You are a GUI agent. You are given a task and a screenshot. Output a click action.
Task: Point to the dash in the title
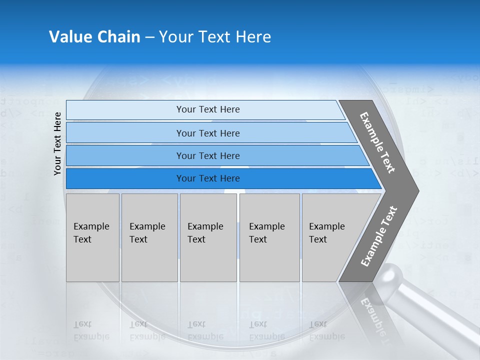[149, 37]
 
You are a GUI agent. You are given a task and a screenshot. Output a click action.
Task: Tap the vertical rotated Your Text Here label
[57, 143]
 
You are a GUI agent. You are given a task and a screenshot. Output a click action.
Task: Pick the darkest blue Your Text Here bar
[208, 178]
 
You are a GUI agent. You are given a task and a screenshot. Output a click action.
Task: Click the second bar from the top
[208, 133]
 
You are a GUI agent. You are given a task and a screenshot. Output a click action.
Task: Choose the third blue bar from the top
[208, 156]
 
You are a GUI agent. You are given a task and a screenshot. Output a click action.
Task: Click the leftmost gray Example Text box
[92, 237]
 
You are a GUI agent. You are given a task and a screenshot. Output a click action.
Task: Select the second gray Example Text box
[149, 237]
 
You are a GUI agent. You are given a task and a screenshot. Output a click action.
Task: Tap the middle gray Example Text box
[208, 237]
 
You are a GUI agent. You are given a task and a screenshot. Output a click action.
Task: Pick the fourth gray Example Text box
[269, 237]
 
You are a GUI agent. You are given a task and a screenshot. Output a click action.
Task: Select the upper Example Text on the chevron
[378, 142]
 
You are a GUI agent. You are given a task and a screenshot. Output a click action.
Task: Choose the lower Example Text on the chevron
[379, 236]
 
